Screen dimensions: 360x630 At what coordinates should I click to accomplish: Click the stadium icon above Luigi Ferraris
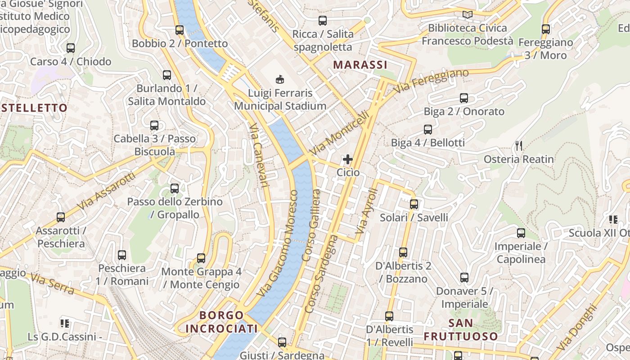[x=280, y=80]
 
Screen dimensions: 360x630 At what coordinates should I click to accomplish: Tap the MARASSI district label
[x=360, y=65]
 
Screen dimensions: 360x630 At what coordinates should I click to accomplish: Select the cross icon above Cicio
[x=348, y=159]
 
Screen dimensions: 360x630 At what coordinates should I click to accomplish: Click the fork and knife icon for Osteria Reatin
[x=519, y=145]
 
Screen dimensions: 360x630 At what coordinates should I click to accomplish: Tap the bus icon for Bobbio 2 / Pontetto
[x=180, y=30]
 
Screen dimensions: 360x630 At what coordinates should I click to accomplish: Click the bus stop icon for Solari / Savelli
[x=414, y=204]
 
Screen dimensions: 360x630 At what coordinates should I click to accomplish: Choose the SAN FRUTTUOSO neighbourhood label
[x=461, y=330]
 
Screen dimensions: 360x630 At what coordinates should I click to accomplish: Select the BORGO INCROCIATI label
[x=221, y=322]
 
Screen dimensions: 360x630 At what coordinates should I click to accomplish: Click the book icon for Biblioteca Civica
[x=468, y=15]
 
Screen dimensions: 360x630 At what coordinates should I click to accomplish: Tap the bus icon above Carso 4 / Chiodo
[x=71, y=48]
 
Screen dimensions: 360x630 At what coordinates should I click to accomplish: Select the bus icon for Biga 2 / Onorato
[x=464, y=98]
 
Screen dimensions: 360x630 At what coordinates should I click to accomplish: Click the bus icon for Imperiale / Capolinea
[x=521, y=233]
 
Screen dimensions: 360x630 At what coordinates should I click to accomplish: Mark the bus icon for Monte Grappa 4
[x=201, y=258]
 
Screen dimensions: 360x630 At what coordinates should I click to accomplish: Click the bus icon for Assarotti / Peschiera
[x=61, y=217]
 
